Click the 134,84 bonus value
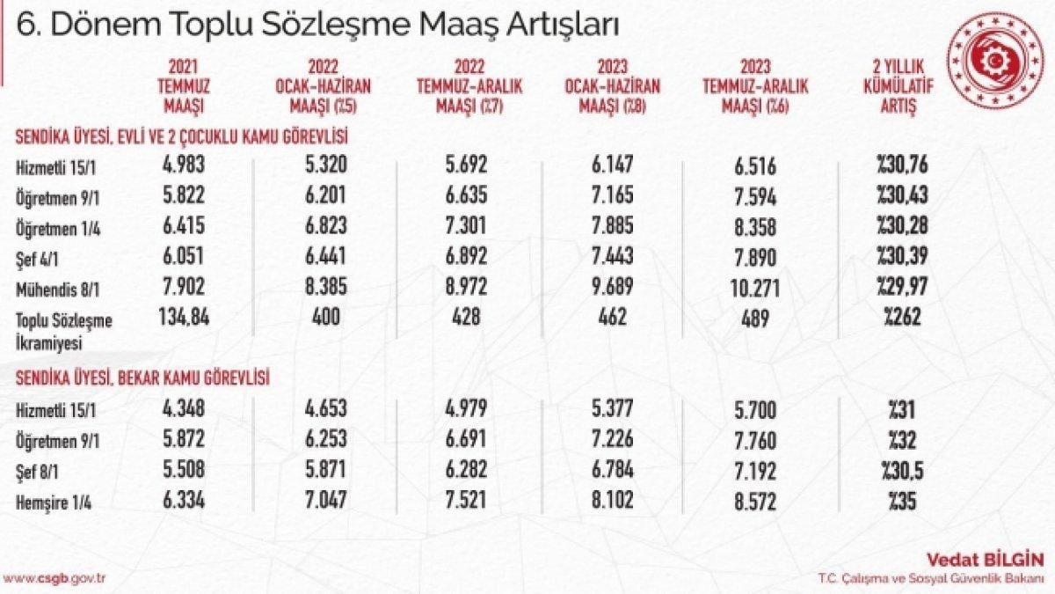pos(184,316)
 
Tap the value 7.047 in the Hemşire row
pos(328,499)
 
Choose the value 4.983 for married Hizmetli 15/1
pos(184,164)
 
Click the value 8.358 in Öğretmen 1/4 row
pos(754,226)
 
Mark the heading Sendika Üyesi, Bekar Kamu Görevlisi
pos(142,378)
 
